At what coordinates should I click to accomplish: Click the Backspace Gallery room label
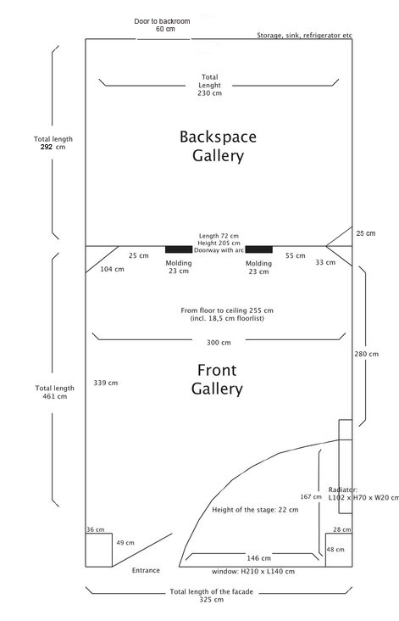[x=218, y=147]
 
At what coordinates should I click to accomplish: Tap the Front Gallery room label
[x=217, y=379]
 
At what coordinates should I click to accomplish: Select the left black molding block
[x=179, y=249]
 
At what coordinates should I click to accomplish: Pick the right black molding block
[x=259, y=249]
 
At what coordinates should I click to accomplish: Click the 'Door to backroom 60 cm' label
[x=162, y=25]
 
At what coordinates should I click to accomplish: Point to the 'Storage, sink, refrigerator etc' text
[x=304, y=36]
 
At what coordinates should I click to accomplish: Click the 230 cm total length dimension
[x=209, y=85]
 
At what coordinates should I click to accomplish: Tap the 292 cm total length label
[x=53, y=143]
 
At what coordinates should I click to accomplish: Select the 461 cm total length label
[x=54, y=392]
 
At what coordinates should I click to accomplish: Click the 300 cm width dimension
[x=219, y=343]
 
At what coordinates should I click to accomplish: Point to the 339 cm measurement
[x=106, y=383]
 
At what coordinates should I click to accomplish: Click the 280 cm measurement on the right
[x=367, y=354]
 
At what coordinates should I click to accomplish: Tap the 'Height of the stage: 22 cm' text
[x=255, y=510]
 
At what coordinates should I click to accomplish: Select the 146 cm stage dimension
[x=258, y=558]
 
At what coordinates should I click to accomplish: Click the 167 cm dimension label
[x=311, y=496]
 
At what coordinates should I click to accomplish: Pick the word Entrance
[x=146, y=570]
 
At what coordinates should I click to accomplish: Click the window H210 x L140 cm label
[x=253, y=572]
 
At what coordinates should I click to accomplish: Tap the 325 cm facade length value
[x=211, y=600]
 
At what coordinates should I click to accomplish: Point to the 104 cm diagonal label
[x=112, y=269]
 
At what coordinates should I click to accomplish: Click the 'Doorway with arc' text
[x=219, y=250]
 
